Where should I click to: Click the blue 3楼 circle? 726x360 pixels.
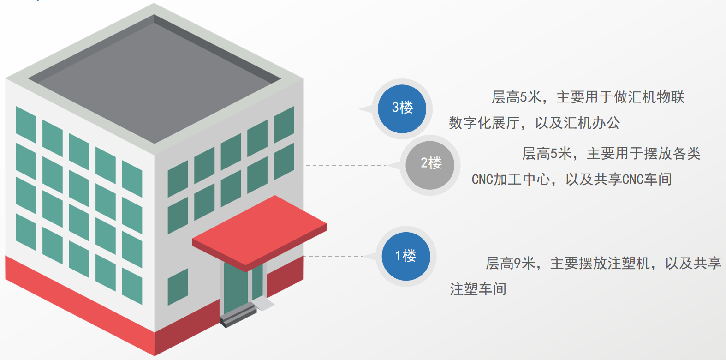point(402,108)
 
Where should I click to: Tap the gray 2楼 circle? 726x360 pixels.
point(430,165)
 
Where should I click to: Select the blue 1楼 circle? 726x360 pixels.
point(406,256)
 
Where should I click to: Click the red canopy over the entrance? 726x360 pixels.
point(259,231)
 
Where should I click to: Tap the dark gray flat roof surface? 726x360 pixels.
point(155,78)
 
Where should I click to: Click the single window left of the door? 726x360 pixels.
point(178,287)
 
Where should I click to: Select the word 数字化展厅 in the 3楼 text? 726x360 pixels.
point(484,123)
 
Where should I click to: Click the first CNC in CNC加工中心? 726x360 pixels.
point(482,179)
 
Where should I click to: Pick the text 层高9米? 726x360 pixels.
point(510,264)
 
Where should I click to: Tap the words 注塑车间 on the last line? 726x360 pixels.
point(478,289)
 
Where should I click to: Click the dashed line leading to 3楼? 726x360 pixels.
point(331,108)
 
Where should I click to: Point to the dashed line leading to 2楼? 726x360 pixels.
point(346,165)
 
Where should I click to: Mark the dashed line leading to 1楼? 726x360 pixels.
point(333,257)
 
